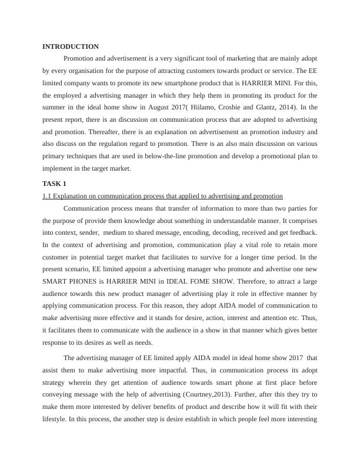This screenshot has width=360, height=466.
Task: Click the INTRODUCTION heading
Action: point(71,46)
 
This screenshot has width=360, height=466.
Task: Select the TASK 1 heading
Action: point(55,184)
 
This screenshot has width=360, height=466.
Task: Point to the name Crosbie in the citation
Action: point(245,108)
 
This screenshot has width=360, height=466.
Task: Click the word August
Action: point(167,108)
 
